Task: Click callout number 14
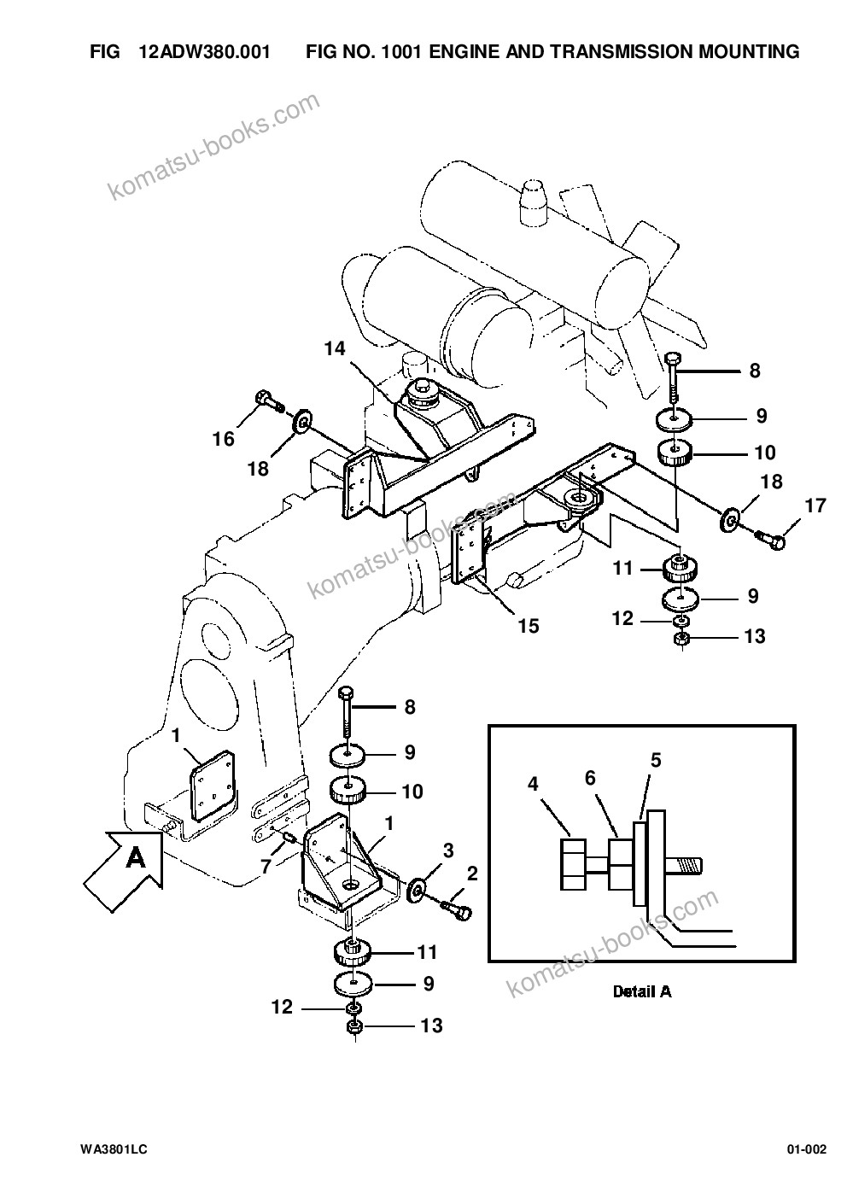click(x=336, y=348)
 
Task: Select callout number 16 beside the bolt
click(x=224, y=439)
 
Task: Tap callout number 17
click(x=815, y=505)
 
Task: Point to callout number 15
click(x=529, y=626)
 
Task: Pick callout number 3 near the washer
click(x=448, y=850)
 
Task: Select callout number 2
click(x=472, y=874)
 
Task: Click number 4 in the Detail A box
click(x=533, y=784)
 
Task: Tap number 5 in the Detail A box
click(x=656, y=760)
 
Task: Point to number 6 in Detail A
click(x=590, y=778)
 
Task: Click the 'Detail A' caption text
click(x=642, y=991)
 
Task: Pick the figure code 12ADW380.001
click(x=205, y=51)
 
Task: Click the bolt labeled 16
click(x=269, y=401)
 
